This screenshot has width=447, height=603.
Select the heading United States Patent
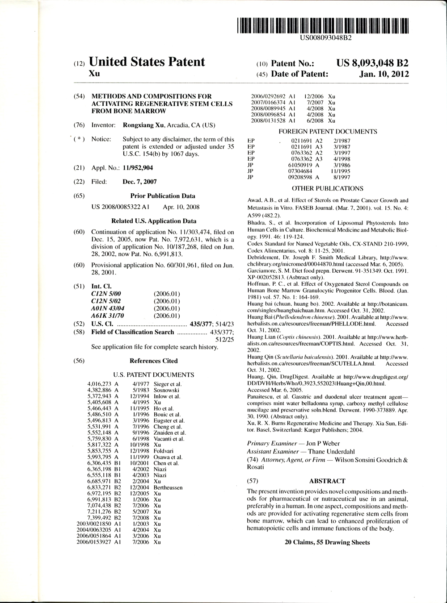[147, 62]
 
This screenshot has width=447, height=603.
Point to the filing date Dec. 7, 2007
[139, 182]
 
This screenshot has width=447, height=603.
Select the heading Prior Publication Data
[162, 196]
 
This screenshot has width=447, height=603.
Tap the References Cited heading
[153, 361]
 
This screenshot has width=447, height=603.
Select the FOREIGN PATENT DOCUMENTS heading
[328, 131]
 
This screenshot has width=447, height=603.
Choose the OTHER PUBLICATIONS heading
[327, 189]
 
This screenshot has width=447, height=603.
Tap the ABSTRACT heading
[327, 481]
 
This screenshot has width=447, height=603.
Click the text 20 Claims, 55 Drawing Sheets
[327, 542]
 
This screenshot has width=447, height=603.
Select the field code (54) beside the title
[79, 96]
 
